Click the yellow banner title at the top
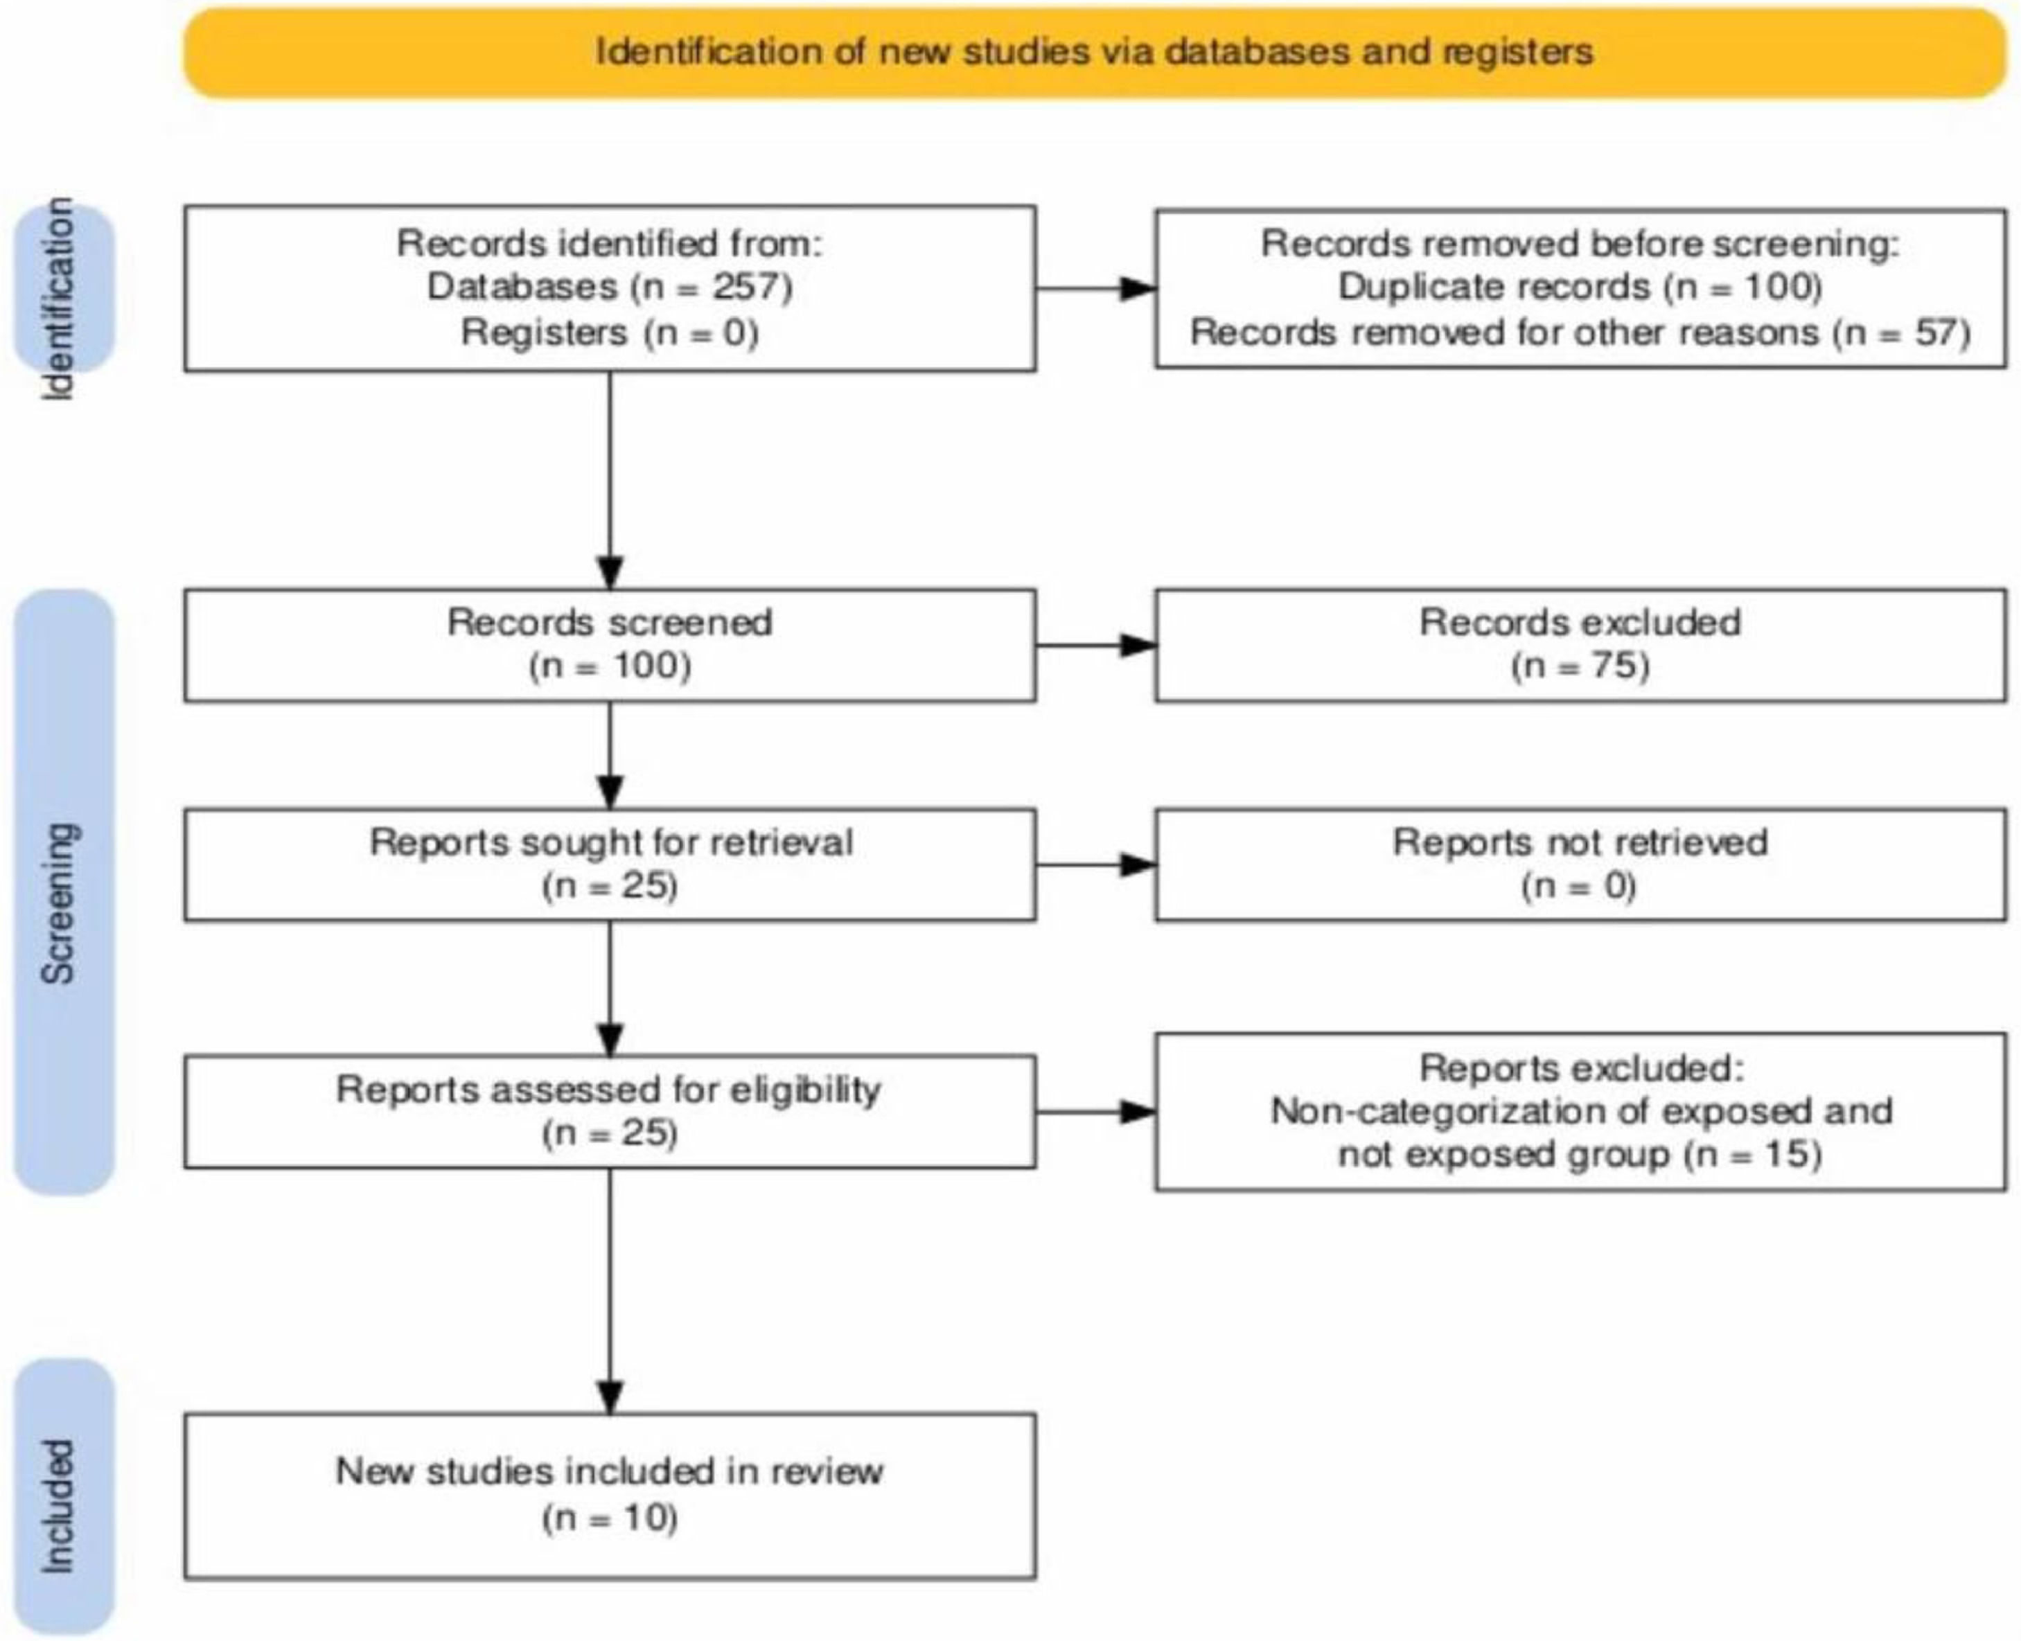point(1094,51)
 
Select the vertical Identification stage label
point(59,299)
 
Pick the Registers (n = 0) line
point(610,332)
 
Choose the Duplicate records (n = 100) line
point(1580,286)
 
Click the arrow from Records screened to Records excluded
point(1095,646)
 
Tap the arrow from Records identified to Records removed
point(1095,288)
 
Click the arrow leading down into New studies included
point(610,1291)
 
